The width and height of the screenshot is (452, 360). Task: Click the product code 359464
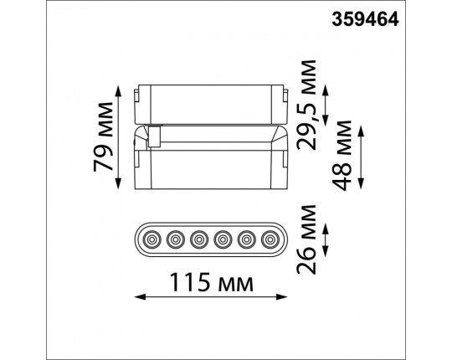365,19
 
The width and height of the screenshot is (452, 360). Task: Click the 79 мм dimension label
103,137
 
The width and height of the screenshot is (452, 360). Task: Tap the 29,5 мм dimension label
306,105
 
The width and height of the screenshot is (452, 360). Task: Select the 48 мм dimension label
342,156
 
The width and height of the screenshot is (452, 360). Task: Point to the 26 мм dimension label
306,239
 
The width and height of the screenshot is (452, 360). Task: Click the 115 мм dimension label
212,282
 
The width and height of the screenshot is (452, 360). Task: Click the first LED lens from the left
152,239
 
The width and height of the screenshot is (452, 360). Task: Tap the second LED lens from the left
176,239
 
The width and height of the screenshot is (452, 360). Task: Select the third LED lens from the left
199,239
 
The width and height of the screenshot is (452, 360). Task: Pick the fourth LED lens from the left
223,239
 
